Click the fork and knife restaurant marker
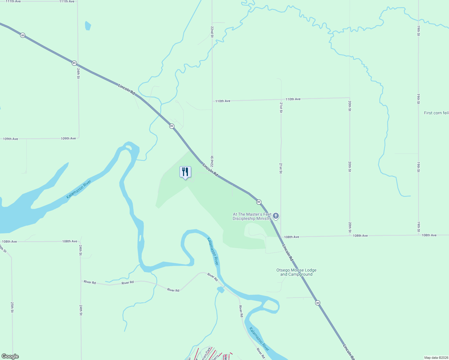[185, 172]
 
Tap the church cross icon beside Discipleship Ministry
[276, 216]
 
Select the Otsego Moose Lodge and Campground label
[296, 272]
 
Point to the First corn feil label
[436, 113]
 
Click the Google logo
[10, 356]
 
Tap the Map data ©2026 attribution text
[436, 358]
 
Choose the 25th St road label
[12, 307]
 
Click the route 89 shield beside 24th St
[74, 63]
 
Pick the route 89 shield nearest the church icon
[259, 202]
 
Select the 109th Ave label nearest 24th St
[68, 139]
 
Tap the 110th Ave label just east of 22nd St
[223, 101]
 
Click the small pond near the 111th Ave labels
[88, 26]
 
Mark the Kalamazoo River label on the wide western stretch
[79, 189]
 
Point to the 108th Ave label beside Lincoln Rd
[291, 237]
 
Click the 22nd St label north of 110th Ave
[212, 31]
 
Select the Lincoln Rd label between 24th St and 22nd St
[127, 89]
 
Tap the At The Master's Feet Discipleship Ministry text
[252, 216]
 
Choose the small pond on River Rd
[221, 289]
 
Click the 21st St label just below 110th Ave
[281, 107]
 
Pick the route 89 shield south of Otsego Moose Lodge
[318, 303]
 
